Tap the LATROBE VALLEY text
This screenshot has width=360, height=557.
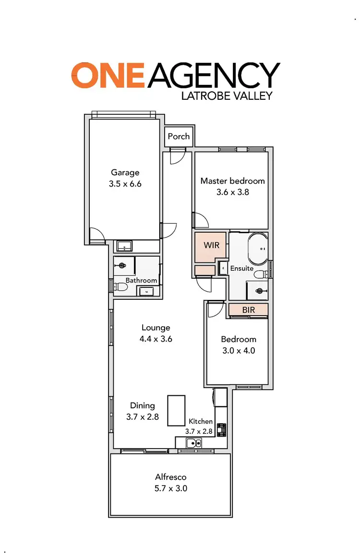coord(227,95)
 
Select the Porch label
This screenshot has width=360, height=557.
coord(179,136)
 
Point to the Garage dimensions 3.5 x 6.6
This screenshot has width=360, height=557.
coord(125,183)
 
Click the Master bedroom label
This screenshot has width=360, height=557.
coord(232,181)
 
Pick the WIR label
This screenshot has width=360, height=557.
coord(211,245)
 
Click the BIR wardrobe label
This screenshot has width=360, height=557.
coord(248,310)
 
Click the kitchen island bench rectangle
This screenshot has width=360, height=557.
coord(176,410)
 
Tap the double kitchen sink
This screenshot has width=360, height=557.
coord(194,443)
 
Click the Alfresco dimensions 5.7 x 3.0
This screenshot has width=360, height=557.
coord(171,488)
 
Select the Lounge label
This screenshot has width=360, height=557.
coord(156,328)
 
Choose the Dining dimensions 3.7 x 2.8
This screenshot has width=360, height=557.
coord(143,417)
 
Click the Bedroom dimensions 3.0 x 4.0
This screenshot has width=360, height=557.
coord(238,350)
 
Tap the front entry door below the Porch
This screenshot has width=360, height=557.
coord(177,156)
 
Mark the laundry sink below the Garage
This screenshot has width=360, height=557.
coord(125,247)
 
